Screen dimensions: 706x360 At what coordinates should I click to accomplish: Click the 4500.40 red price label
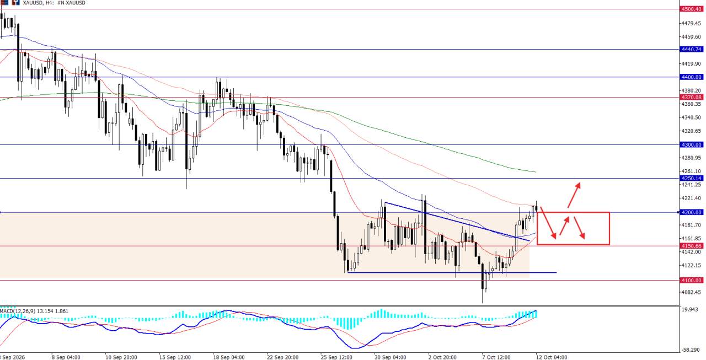point(692,9)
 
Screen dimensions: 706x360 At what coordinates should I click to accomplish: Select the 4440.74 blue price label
point(692,50)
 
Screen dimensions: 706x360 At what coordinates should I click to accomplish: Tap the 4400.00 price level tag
point(692,77)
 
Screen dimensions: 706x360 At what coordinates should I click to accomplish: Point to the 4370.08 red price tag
point(692,98)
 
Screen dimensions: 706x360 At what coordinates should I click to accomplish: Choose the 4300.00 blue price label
point(692,145)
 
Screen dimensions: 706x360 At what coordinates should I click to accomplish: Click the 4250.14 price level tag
point(692,179)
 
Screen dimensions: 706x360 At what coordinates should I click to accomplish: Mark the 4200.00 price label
point(692,213)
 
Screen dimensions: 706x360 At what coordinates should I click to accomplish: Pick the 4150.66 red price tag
point(692,246)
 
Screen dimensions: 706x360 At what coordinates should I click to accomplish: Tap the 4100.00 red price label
point(692,280)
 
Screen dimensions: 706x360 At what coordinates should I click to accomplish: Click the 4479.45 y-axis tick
point(692,23)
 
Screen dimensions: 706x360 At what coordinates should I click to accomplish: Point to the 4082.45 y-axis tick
point(692,292)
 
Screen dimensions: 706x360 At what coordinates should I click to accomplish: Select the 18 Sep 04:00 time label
point(229,357)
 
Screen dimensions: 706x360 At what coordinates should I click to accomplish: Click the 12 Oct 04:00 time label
point(551,357)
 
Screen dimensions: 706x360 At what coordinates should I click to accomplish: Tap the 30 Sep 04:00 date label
point(390,357)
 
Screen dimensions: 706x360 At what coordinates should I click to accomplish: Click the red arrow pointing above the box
point(574,195)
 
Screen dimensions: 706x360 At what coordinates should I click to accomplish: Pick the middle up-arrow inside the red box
point(564,226)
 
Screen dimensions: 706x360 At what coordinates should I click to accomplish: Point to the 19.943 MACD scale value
point(689,310)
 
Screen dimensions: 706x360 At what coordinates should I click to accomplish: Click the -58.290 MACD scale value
point(691,350)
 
